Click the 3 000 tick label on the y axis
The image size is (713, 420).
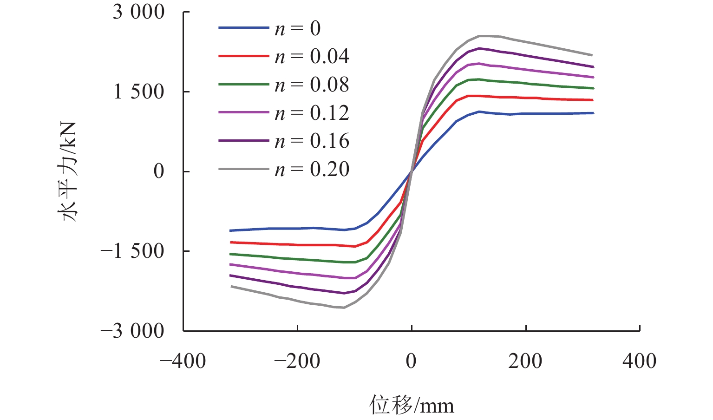[139, 12]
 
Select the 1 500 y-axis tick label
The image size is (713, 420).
[139, 92]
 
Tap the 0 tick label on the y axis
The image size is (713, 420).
[159, 171]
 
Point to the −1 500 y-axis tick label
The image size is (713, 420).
[133, 251]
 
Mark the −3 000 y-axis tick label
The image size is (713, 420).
[133, 331]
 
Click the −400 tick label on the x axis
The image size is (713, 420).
[183, 361]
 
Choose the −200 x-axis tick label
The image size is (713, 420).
[297, 361]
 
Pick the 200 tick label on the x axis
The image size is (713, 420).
[525, 361]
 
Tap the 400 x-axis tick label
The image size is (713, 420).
[640, 361]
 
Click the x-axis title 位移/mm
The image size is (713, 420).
[412, 405]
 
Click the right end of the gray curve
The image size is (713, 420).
[593, 55]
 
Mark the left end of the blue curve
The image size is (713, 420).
[230, 230]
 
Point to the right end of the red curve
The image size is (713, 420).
[593, 100]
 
